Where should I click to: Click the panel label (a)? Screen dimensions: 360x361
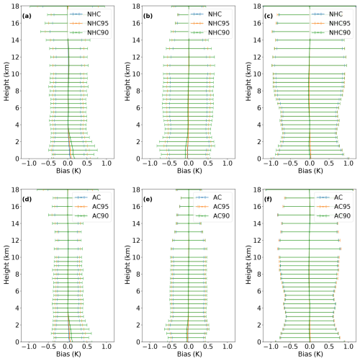point(27,16)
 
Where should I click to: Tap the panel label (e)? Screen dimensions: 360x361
point(148,200)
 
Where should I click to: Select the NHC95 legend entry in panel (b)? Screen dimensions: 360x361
point(210,23)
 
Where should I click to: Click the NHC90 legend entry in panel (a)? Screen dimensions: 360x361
point(89,32)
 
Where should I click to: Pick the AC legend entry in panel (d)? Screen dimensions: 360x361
point(88,197)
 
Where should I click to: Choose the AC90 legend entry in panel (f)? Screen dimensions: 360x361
point(333,216)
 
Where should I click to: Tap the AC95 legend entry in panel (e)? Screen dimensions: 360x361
point(212,207)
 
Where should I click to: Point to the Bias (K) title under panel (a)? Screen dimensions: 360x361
point(68,171)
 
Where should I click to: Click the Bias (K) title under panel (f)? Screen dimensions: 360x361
point(310,354)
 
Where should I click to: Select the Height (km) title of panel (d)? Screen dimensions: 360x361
point(6,264)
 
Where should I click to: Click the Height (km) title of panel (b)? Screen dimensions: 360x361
point(127,81)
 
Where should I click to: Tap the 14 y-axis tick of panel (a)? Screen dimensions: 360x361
point(15,40)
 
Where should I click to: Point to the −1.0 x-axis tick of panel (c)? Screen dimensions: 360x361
point(271,164)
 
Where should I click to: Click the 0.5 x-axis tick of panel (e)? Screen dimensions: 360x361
point(208,347)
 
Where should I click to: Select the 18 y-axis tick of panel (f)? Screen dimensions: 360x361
point(257,190)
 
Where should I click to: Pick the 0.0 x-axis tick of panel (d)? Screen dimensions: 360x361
point(68,347)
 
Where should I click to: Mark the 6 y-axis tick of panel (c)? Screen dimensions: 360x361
point(259,108)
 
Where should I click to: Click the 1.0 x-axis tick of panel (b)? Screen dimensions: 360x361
point(228,164)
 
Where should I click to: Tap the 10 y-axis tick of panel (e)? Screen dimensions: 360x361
point(136,257)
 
